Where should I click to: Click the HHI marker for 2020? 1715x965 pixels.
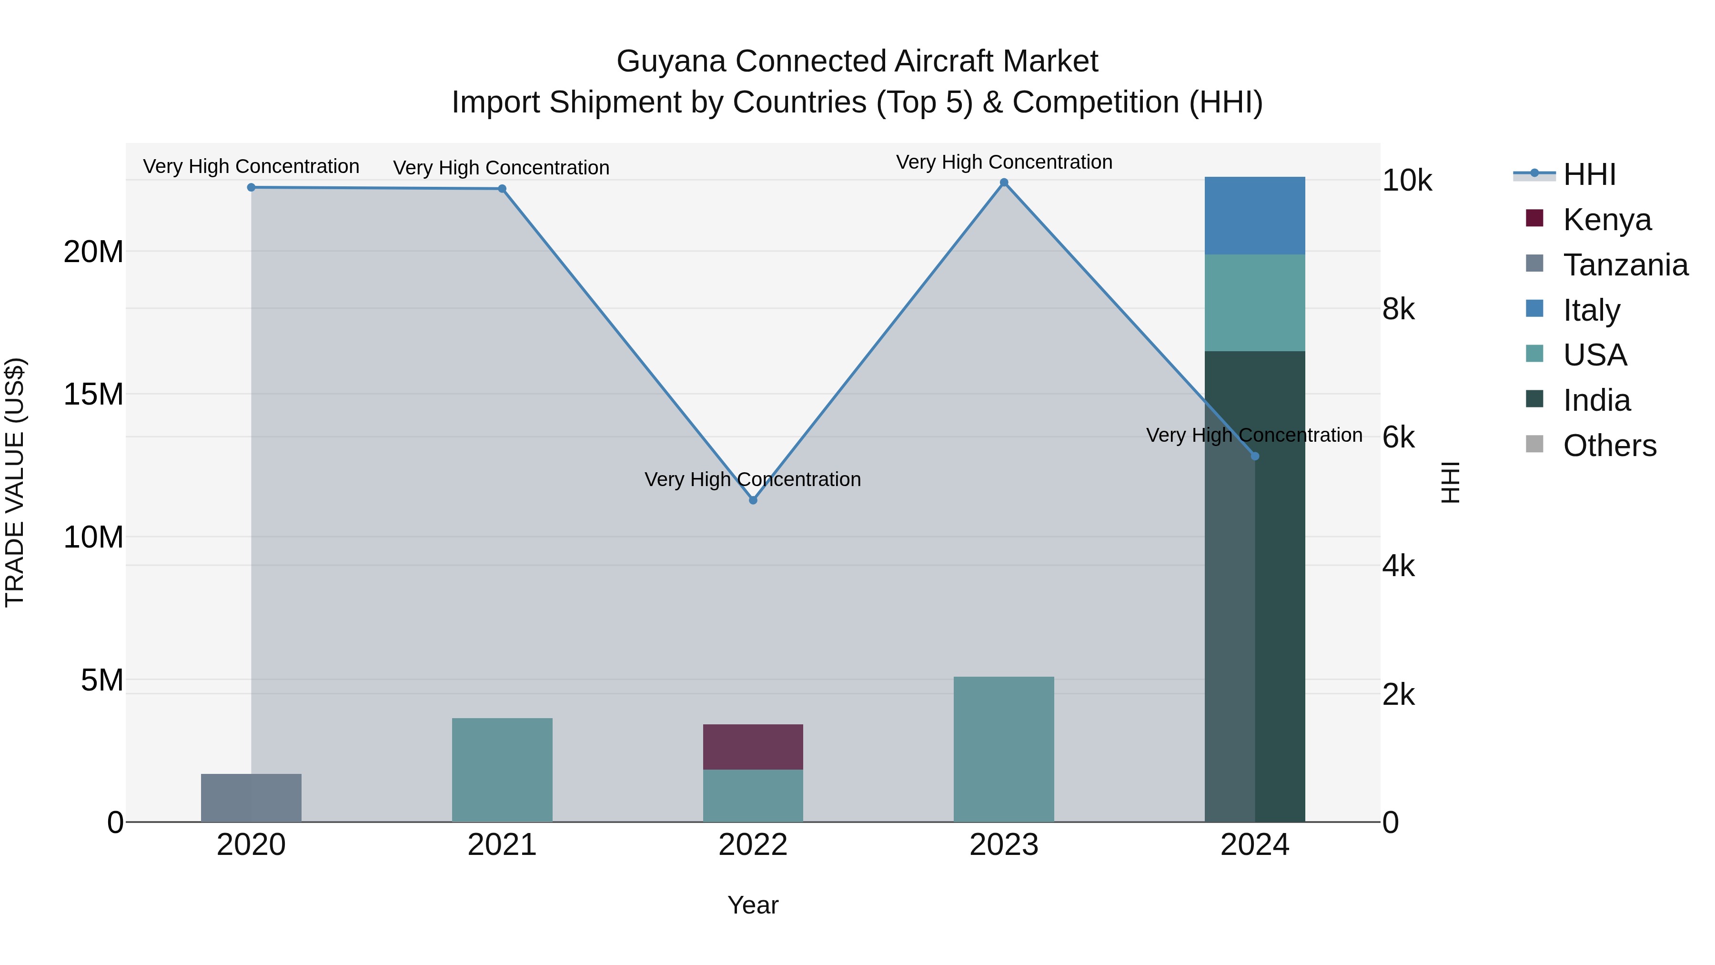click(x=251, y=187)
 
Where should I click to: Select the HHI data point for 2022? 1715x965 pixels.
click(x=753, y=500)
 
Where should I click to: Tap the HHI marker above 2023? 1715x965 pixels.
click(x=1004, y=183)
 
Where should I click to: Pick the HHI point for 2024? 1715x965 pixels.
click(x=1255, y=456)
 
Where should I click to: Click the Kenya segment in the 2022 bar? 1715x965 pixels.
click(x=753, y=747)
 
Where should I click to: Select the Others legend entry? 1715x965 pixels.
click(x=1609, y=446)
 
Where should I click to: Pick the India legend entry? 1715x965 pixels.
click(x=1596, y=400)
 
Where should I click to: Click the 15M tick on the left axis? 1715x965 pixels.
click(x=93, y=394)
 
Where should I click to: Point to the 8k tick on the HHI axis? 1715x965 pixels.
click(x=1399, y=309)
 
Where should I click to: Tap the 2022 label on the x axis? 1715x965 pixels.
click(x=753, y=845)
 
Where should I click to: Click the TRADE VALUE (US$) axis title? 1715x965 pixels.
click(x=15, y=482)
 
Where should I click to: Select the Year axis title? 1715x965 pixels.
click(x=753, y=905)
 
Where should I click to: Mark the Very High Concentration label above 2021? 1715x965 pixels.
click(x=501, y=168)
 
